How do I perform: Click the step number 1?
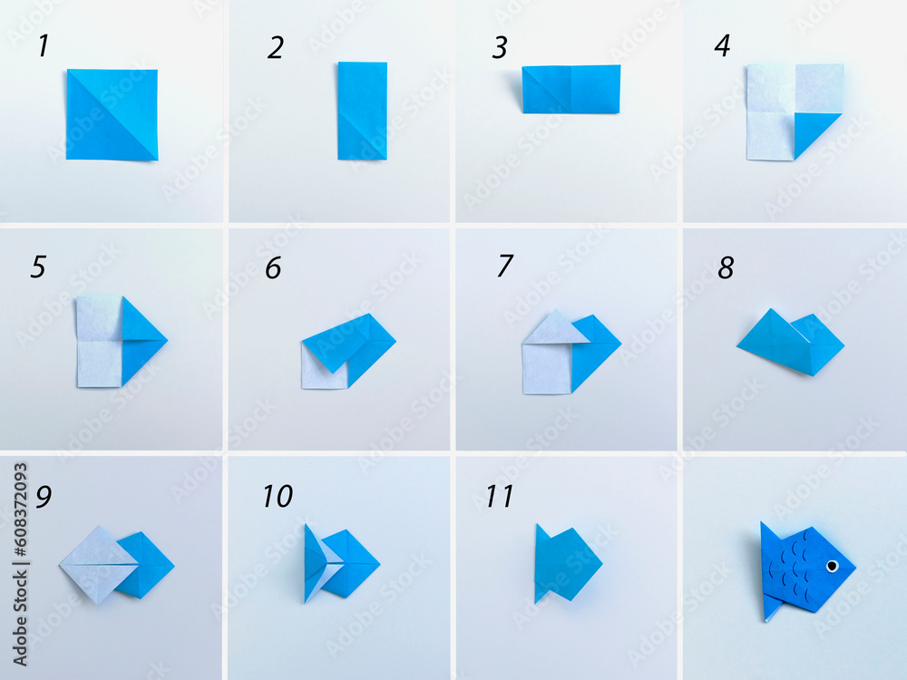[43, 46]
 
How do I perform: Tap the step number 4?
[722, 46]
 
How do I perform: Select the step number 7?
[505, 267]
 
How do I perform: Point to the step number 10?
[278, 496]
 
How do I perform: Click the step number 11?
[499, 496]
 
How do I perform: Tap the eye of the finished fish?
[832, 567]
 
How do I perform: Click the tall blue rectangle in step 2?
[363, 111]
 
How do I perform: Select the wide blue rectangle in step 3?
[571, 89]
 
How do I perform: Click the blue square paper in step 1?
[112, 114]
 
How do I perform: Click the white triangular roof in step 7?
[555, 328]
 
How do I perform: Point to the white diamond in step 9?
[97, 564]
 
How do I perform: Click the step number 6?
[273, 267]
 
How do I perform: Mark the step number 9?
[43, 497]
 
